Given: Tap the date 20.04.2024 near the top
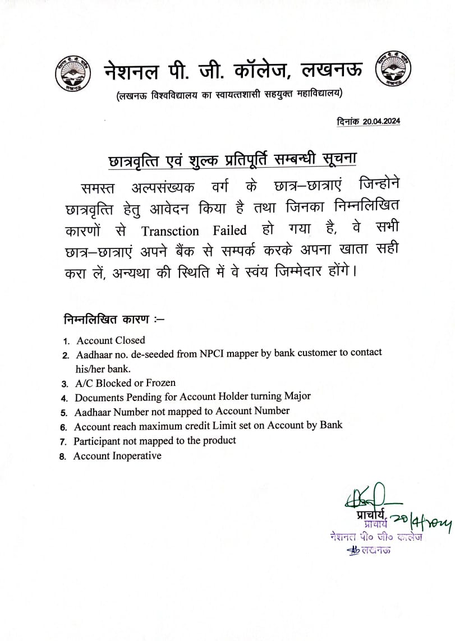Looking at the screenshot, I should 382,121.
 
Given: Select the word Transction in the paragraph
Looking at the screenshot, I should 170,231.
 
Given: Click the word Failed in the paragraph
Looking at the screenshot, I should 229,231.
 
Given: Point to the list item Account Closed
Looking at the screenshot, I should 111,340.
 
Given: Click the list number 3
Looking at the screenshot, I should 65,384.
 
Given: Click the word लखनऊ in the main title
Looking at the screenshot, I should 332,70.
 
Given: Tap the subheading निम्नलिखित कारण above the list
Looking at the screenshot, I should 107,320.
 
